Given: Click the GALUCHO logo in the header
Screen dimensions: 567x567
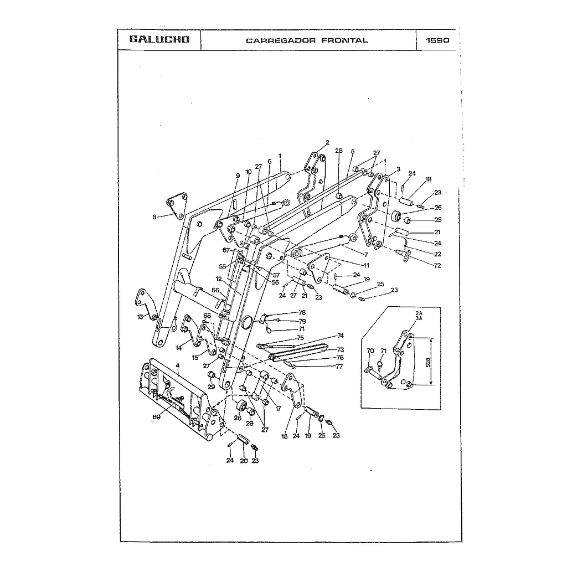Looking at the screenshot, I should coord(159,40).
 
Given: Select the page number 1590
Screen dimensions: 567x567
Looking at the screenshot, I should coord(437,40).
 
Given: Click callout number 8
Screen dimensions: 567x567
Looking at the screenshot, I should coord(154,217).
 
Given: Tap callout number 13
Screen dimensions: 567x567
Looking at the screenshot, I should coord(141,317).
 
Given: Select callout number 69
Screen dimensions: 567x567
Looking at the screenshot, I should coord(156,417).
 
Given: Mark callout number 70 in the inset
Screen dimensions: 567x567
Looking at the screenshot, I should coord(370,350).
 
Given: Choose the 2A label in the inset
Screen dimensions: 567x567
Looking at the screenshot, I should coord(419,313).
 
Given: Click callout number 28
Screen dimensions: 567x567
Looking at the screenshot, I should coord(339,151).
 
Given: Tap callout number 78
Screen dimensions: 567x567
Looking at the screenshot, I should coord(302,313).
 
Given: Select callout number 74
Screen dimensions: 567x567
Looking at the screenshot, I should coord(341,336).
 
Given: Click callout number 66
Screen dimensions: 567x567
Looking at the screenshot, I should coord(215,290).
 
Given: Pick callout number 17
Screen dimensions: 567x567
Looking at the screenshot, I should coord(279,409).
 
